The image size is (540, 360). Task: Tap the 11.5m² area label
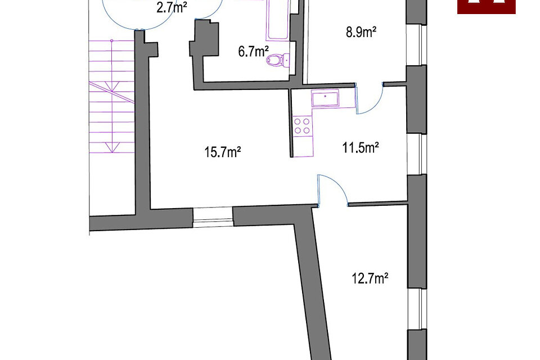click(360, 148)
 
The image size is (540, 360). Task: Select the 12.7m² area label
click(370, 278)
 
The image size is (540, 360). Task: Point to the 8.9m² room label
click(361, 32)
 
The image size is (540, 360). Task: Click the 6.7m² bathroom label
click(253, 52)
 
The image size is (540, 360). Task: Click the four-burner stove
click(303, 126)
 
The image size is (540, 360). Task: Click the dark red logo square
click(486, 6)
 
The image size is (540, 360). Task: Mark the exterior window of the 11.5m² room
click(417, 154)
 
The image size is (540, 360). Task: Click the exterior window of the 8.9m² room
click(417, 45)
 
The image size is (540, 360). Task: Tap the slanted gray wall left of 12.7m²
click(312, 281)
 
